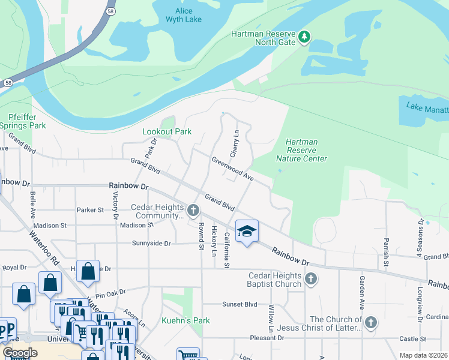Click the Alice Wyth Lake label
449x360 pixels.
tap(179, 15)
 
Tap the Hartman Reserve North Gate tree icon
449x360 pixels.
tap(304, 38)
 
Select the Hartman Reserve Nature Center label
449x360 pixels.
tap(301, 150)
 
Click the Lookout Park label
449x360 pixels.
tap(166, 131)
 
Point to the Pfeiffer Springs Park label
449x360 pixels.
tap(23, 122)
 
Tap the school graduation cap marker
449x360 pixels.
tap(247, 232)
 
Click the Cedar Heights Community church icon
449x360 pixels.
tap(193, 211)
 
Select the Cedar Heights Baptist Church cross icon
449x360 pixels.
tap(310, 278)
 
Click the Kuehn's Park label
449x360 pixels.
tap(185, 320)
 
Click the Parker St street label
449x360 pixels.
tap(90, 210)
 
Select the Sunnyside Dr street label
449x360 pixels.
tap(151, 244)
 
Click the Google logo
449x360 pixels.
tap(20, 353)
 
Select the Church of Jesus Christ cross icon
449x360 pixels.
tap(370, 323)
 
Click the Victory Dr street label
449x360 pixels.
tap(116, 202)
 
